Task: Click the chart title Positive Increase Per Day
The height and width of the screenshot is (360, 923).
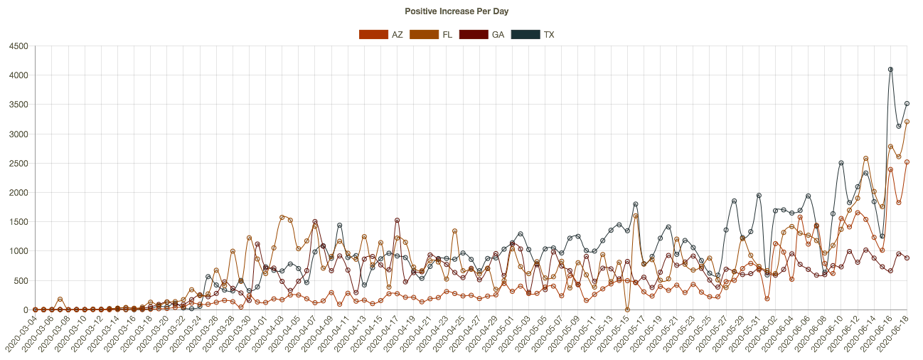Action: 457,11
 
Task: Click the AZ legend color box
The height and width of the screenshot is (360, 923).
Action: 373,34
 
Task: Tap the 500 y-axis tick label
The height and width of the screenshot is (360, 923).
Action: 21,280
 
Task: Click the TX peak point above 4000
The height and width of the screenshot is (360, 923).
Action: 890,70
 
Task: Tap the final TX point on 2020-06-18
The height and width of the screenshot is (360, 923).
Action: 907,104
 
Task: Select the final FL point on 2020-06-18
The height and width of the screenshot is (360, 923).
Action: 907,122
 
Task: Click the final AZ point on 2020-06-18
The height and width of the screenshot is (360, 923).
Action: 907,162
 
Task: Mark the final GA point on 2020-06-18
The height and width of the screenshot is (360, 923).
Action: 907,258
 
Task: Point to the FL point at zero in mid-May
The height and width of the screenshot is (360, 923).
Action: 627,309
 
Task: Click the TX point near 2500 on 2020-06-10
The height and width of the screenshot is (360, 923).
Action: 841,163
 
